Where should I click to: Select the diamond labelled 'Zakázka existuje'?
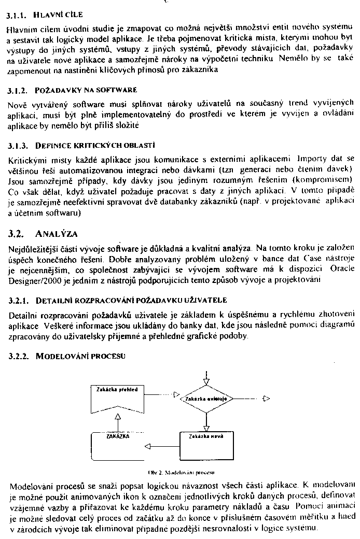tap(206, 400)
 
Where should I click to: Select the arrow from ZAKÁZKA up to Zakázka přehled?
tap(118, 422)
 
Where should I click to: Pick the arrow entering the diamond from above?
tap(206, 377)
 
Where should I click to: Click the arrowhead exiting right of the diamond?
tap(266, 399)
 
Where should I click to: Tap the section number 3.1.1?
tap(17, 16)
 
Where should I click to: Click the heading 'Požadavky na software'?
tap(78, 90)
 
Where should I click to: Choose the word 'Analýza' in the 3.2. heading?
tap(59, 233)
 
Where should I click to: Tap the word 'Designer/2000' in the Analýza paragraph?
tap(33, 279)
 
